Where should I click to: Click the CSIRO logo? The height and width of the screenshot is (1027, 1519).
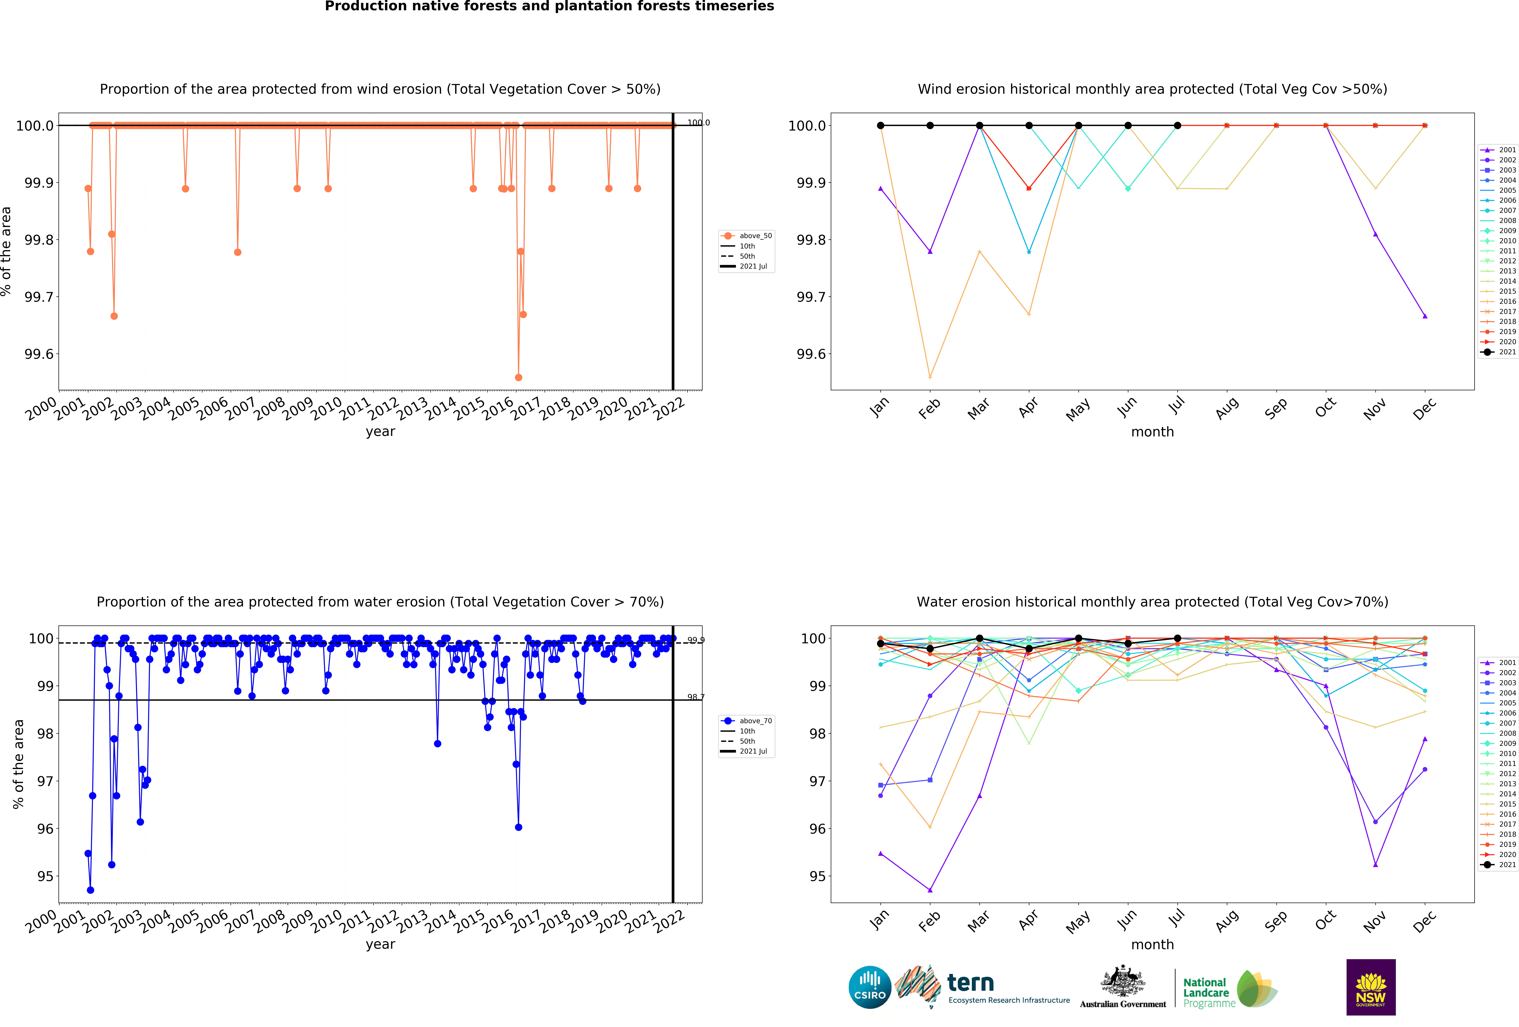869,987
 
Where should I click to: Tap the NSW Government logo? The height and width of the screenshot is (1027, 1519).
1371,987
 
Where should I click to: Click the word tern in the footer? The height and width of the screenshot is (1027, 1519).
971,982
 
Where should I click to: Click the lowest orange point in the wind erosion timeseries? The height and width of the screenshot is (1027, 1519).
518,377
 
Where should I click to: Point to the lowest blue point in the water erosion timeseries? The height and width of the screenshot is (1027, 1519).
90,890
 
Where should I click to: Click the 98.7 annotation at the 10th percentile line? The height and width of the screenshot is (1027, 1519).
695,697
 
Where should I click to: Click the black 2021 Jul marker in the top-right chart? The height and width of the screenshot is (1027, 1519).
1177,126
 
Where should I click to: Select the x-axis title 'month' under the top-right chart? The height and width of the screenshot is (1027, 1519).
1152,432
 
